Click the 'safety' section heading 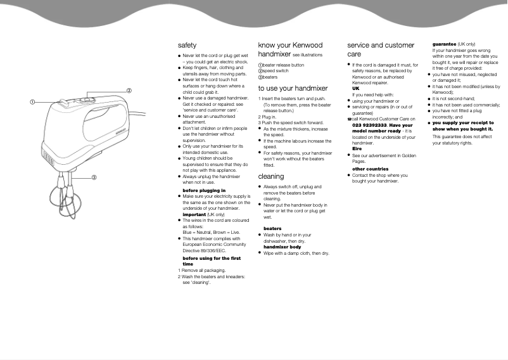point(187,46)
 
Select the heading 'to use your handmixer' point(293,89)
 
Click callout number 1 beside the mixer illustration point(31,102)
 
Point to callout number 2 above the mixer point(129,91)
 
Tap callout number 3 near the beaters point(94,177)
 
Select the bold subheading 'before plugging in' point(203,190)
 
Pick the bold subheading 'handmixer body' point(282,247)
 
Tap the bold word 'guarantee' point(443,44)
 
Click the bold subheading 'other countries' point(370,169)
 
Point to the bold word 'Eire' point(357,149)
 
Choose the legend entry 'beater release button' point(283,65)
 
